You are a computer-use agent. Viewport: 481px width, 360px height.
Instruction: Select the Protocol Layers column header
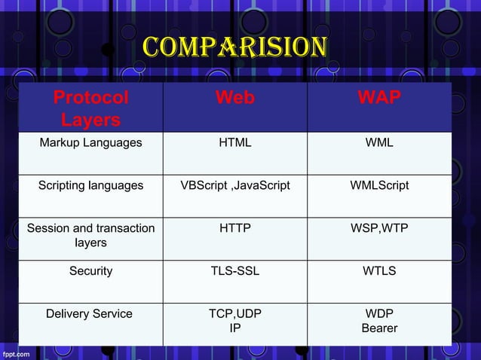[90, 108]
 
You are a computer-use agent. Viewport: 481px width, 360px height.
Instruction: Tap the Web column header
[235, 98]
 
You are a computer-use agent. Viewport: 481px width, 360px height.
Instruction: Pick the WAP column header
[379, 98]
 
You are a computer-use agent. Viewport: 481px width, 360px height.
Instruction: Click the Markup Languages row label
[90, 142]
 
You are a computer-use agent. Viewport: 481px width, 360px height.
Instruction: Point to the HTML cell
[235, 142]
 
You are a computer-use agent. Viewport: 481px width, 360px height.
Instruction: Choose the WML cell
[379, 142]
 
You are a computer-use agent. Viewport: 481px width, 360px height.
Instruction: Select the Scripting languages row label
[90, 185]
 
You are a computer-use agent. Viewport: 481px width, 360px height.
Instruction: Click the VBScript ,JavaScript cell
[235, 185]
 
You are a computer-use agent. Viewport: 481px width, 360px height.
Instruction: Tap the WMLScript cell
[379, 185]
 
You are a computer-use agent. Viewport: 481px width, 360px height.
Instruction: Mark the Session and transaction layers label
[90, 235]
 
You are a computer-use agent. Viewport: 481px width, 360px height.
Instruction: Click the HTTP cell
[235, 227]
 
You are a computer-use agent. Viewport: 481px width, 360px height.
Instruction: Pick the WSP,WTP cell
[379, 227]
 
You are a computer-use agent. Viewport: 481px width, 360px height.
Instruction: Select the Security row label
[90, 270]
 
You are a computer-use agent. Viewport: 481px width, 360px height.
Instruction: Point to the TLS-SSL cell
[235, 270]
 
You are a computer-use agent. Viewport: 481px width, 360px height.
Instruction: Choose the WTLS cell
[379, 270]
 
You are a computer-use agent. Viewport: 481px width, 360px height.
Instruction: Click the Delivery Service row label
[89, 313]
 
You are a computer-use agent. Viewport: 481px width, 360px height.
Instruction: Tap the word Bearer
[379, 328]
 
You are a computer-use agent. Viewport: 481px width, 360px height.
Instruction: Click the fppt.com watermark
[17, 352]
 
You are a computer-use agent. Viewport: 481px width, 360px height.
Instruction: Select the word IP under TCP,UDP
[235, 328]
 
